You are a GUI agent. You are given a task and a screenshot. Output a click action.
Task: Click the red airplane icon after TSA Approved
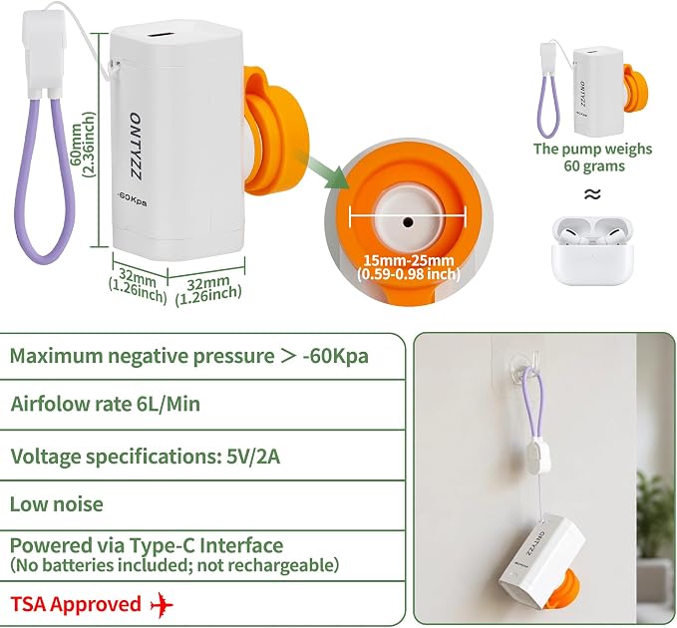tap(162, 604)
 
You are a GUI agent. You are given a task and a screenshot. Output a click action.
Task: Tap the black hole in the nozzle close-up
tap(408, 222)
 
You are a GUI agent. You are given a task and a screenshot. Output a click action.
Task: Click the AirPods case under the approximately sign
tap(592, 250)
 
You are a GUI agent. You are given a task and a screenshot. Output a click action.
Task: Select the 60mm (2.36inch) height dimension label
tap(82, 145)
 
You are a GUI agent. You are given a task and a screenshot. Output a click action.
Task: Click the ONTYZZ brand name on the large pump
tap(136, 147)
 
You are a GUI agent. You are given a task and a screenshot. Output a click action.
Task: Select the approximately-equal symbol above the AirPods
tap(592, 193)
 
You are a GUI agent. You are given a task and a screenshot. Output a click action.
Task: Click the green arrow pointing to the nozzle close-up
tap(324, 169)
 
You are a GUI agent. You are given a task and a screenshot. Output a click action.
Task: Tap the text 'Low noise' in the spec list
tap(57, 504)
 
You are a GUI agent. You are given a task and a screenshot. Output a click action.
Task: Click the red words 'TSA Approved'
tap(76, 604)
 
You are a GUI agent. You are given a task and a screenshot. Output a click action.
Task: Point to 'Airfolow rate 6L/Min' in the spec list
tap(106, 404)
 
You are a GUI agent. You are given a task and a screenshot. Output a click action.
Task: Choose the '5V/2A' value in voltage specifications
tap(253, 456)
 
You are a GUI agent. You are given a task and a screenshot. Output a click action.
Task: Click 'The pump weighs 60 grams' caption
tap(592, 157)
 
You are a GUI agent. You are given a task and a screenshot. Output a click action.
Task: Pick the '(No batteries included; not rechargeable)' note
tap(174, 564)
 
